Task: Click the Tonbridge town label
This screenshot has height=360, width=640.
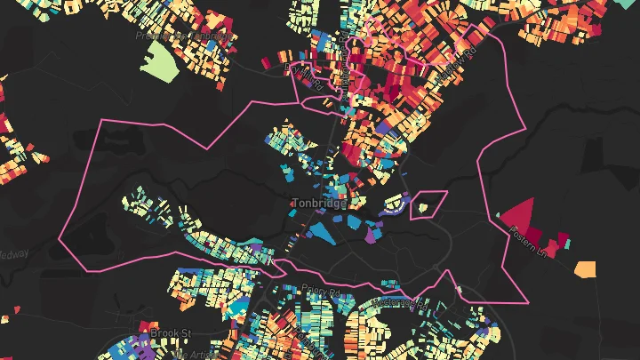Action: [319, 203]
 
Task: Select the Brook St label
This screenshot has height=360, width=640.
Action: [171, 332]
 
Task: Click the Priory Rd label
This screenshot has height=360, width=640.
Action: [321, 291]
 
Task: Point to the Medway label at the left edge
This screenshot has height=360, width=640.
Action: [12, 253]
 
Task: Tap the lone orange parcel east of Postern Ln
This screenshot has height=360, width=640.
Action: [585, 268]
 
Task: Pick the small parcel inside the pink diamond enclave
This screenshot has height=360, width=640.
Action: [423, 207]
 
